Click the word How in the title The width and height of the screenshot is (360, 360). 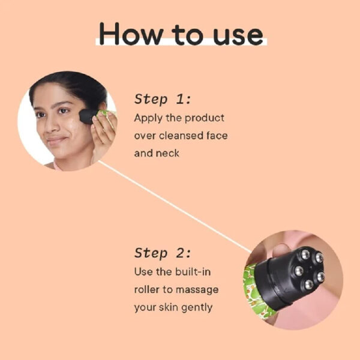point(131,34)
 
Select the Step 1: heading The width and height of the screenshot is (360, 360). point(163,99)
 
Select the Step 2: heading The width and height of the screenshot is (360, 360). point(163,253)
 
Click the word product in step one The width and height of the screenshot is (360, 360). point(205,118)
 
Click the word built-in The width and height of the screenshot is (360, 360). point(193,272)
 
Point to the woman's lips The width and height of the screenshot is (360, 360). point(56,140)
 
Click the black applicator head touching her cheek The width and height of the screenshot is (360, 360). point(87,116)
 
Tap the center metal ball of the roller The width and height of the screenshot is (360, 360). point(299,271)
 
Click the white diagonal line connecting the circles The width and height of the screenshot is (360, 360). point(175,207)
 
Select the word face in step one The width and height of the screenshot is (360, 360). point(217,136)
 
